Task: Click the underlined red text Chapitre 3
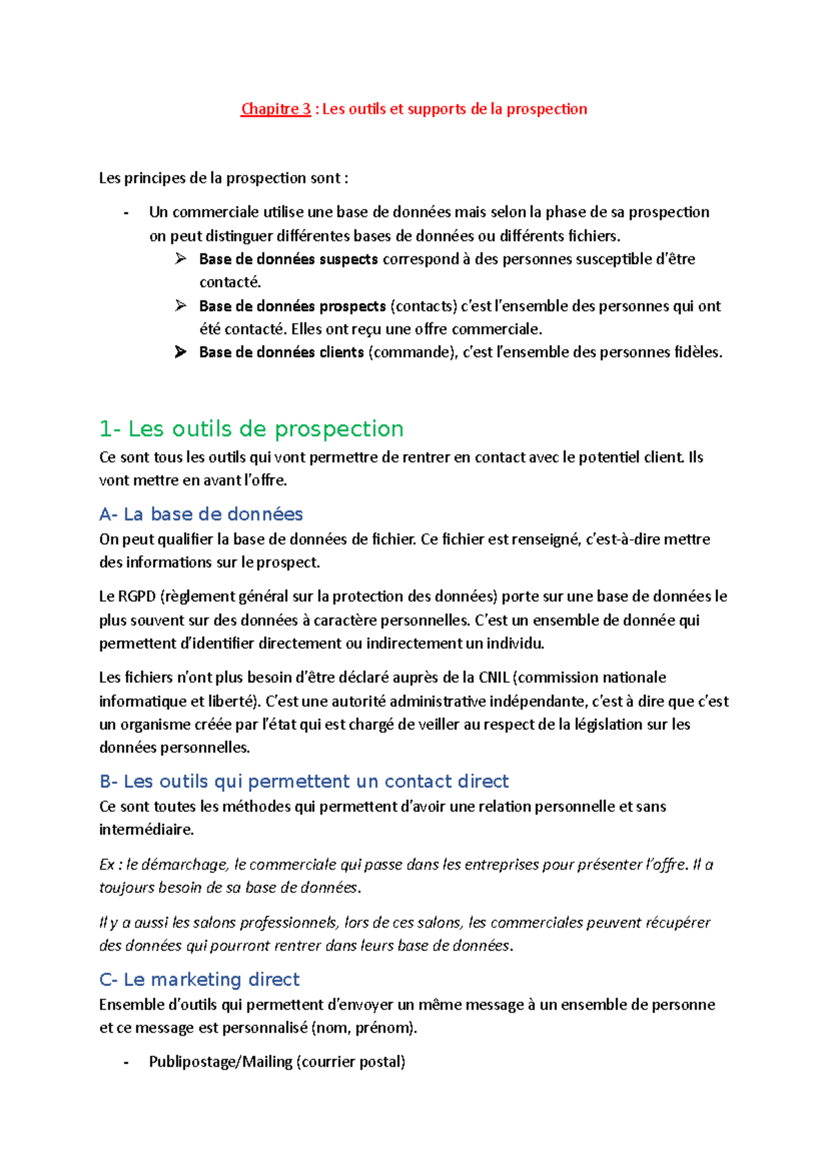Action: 276,109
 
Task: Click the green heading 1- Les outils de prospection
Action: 251,429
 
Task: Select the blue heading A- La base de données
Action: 201,514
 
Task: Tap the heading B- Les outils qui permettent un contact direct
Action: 304,781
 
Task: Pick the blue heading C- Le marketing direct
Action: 199,979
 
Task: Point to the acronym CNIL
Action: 493,677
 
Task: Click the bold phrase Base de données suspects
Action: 288,259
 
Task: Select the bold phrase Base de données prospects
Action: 292,306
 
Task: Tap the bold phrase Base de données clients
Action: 281,352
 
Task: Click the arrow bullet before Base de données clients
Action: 181,352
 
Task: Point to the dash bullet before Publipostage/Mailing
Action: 126,1062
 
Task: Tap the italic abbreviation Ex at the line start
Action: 107,864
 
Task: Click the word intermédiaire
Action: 146,830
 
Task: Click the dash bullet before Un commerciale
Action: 126,212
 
